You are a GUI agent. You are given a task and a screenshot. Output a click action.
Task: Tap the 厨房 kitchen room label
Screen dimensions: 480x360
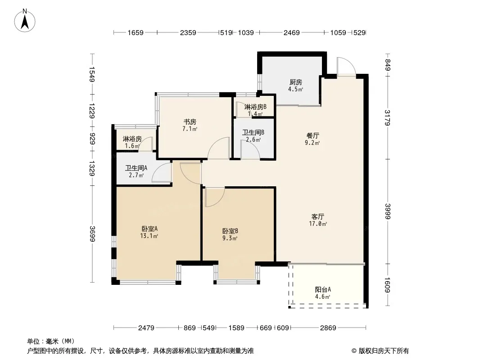296,82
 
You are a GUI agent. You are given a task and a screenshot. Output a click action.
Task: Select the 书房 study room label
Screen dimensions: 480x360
190,122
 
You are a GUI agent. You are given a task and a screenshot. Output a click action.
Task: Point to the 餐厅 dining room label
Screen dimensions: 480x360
312,135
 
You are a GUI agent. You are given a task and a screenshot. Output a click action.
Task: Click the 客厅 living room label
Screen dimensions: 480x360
318,216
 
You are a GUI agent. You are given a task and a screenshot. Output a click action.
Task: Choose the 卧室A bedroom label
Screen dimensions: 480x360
149,229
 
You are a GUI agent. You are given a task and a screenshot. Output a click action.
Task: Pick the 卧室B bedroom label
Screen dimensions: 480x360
230,231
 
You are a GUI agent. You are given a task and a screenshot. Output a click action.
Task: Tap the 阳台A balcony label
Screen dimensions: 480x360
323,289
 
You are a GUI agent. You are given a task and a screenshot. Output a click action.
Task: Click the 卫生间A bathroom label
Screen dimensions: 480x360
136,168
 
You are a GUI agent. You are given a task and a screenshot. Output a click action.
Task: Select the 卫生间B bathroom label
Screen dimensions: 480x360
253,132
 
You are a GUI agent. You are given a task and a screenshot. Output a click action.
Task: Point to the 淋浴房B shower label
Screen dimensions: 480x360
255,107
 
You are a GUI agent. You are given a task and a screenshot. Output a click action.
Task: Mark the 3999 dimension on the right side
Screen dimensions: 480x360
388,211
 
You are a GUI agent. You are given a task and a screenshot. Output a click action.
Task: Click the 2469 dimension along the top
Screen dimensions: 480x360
291,32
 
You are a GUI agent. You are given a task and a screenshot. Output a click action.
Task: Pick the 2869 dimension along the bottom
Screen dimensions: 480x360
328,328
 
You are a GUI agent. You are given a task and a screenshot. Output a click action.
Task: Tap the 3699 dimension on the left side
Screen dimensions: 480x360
92,234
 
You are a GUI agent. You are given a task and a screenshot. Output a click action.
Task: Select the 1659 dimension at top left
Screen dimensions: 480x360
135,32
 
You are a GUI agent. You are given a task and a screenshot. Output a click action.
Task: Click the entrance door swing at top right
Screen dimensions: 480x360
346,66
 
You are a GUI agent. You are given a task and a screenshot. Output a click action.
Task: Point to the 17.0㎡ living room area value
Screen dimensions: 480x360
318,224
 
